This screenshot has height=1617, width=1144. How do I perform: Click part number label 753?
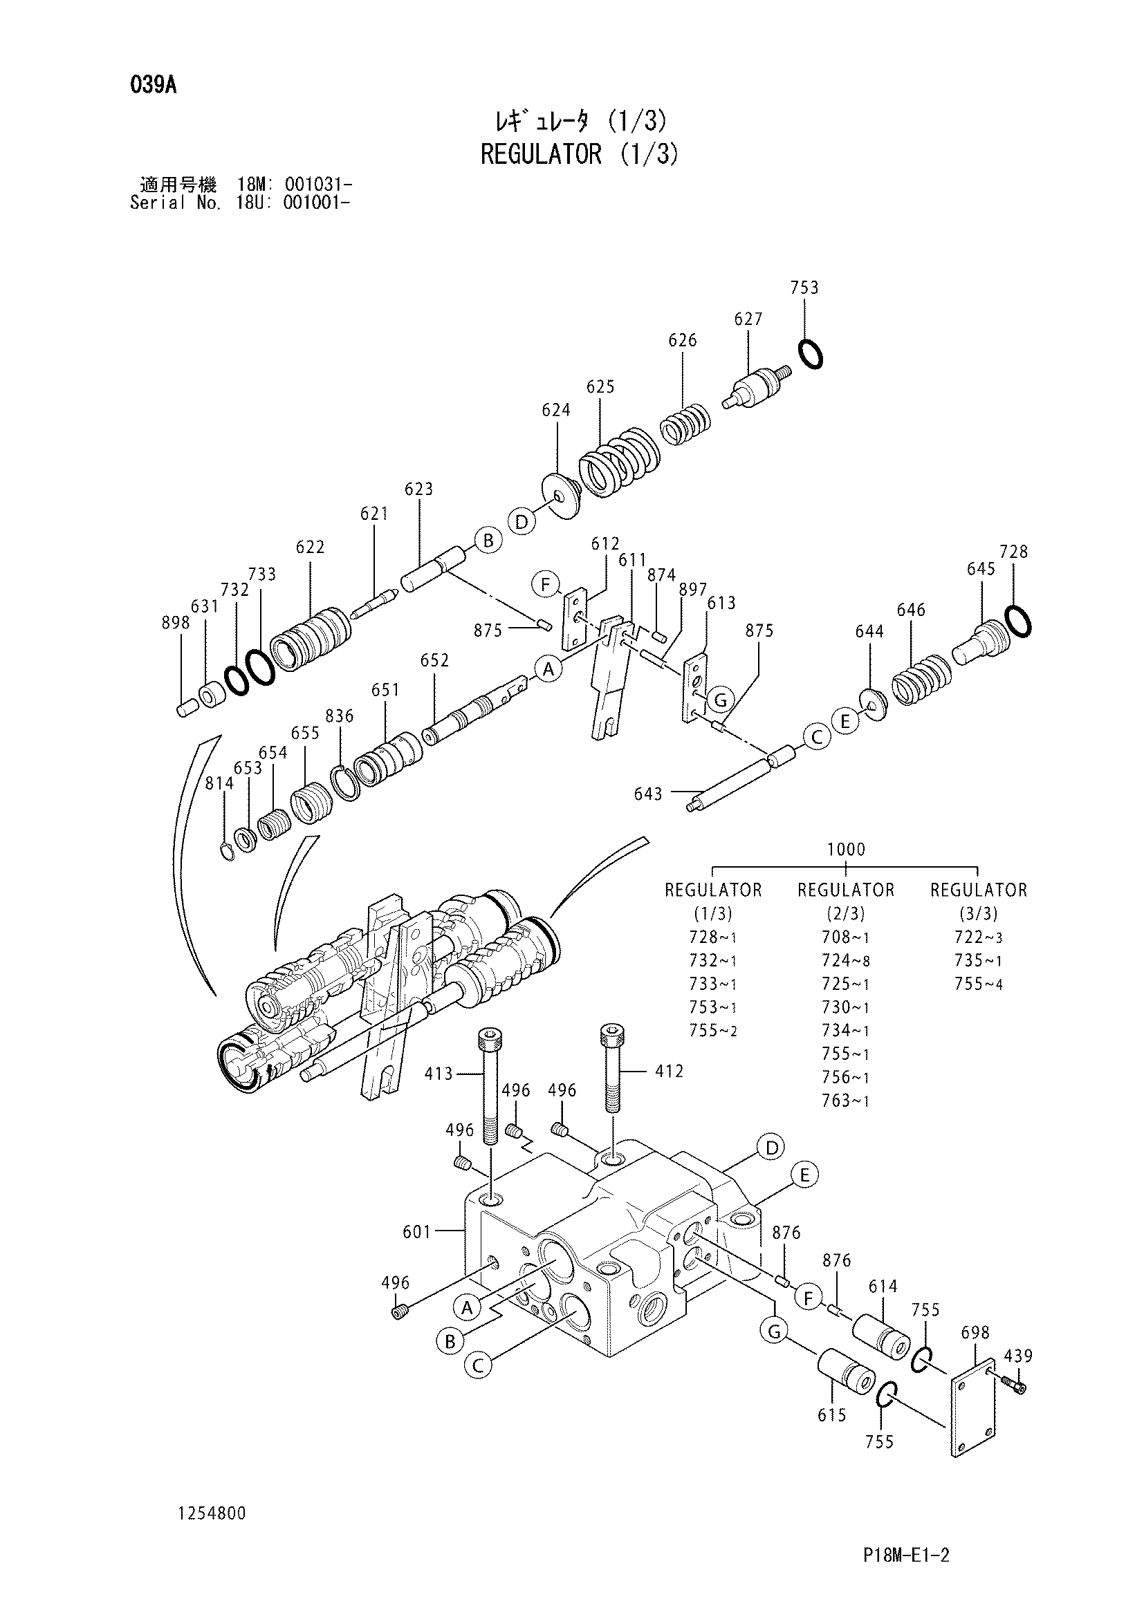804,288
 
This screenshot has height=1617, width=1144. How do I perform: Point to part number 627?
748,319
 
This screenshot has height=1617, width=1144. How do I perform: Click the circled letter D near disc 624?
522,522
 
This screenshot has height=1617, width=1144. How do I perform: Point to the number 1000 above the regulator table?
846,850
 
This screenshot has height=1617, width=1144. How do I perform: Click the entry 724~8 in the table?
845,961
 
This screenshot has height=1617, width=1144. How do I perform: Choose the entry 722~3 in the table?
979,937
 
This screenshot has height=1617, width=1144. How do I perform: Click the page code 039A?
153,86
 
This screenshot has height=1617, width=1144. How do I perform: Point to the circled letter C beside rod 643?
817,738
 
